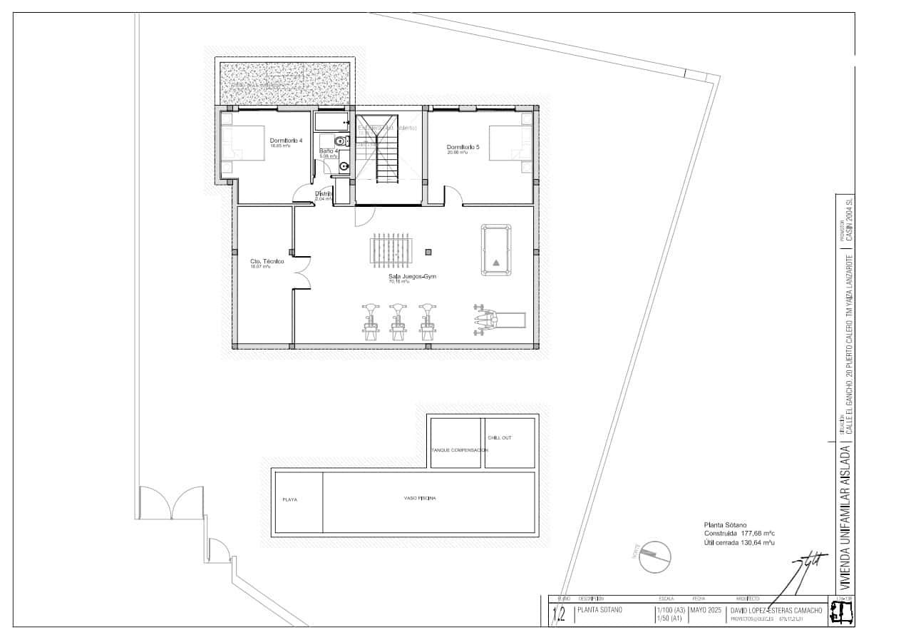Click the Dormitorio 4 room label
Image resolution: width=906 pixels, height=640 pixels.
286,141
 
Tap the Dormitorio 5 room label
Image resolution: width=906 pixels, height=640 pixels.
463,148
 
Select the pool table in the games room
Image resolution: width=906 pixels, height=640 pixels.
496,250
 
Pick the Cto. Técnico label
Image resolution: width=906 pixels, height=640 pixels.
267,262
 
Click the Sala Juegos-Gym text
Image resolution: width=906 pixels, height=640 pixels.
412,276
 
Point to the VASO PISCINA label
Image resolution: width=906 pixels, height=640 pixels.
420,497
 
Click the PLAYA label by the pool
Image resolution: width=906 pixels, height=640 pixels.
290,499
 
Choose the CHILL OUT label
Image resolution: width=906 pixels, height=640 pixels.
500,438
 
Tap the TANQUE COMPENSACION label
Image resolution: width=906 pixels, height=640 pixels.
460,450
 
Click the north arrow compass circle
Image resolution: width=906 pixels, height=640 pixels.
655,556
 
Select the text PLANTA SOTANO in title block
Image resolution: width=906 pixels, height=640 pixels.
599,610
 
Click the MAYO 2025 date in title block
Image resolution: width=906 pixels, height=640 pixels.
706,610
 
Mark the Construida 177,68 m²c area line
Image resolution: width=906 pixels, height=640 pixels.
739,533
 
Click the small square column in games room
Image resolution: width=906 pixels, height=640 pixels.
428,251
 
